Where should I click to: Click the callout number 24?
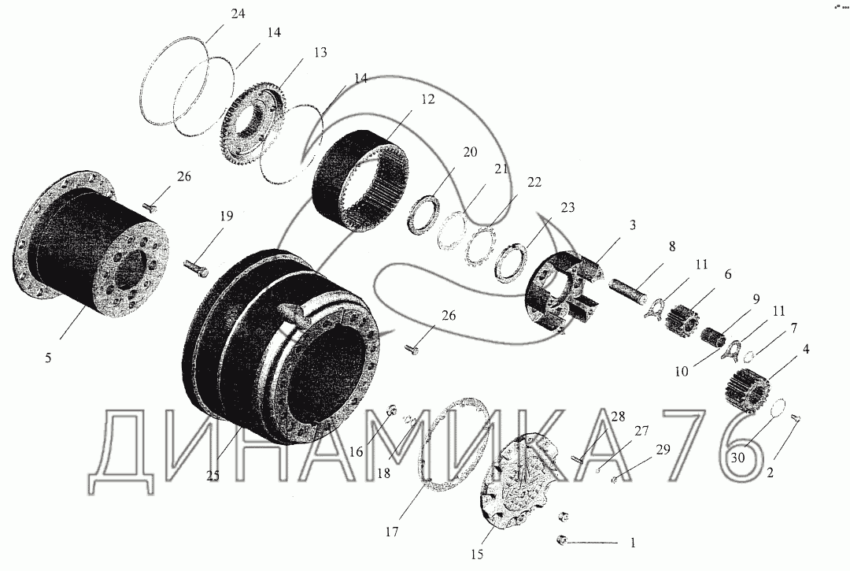pos(238,14)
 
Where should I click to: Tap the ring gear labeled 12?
pos(360,181)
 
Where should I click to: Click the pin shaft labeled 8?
pos(629,290)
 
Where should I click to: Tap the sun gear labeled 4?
pos(748,388)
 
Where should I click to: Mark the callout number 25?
pos(213,475)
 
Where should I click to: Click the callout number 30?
pos(737,458)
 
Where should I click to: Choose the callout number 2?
pos(770,472)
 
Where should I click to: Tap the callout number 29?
pos(663,450)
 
